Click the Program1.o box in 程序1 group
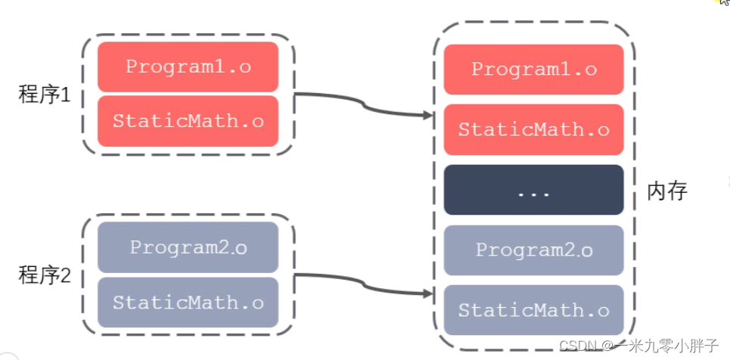click(188, 67)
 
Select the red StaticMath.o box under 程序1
click(188, 121)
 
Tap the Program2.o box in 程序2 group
click(188, 247)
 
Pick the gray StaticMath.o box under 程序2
click(188, 303)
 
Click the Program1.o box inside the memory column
click(533, 70)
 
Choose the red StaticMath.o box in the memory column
click(533, 129)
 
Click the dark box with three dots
click(533, 190)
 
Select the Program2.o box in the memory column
click(533, 250)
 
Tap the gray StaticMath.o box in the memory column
click(533, 310)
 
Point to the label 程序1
click(44, 95)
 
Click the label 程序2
click(44, 276)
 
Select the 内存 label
click(667, 191)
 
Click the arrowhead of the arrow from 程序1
click(429, 115)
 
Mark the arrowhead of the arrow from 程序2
click(429, 294)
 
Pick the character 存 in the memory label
click(677, 191)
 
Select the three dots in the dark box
click(533, 194)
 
